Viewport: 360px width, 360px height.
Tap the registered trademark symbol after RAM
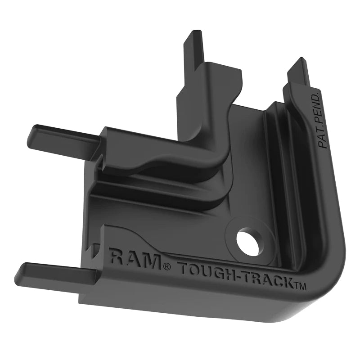point(167,267)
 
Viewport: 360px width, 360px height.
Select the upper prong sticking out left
point(58,134)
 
